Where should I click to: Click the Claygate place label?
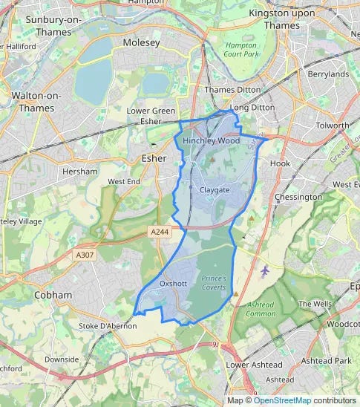215,190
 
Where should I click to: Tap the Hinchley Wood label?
211,140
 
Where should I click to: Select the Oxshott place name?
172,284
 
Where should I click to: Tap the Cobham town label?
53,295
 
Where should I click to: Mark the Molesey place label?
141,43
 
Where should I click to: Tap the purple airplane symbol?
266,270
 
